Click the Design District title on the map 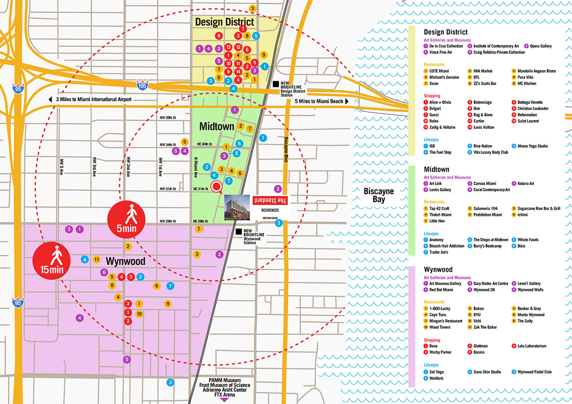click(x=224, y=22)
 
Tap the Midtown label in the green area click(x=216, y=126)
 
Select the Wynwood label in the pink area click(x=126, y=261)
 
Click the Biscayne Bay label click(x=379, y=195)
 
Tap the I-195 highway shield click(x=142, y=85)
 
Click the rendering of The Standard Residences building click(x=237, y=208)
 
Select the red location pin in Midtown click(x=216, y=188)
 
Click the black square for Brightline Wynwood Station click(x=239, y=232)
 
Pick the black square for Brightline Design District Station click(x=276, y=83)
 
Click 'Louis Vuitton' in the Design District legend click(x=483, y=127)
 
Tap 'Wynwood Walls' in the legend click(x=530, y=290)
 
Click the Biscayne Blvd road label click(x=286, y=150)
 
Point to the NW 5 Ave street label click(x=61, y=166)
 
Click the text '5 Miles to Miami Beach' click(x=319, y=101)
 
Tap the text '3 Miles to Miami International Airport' click(x=93, y=99)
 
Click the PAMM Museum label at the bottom click(x=224, y=381)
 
